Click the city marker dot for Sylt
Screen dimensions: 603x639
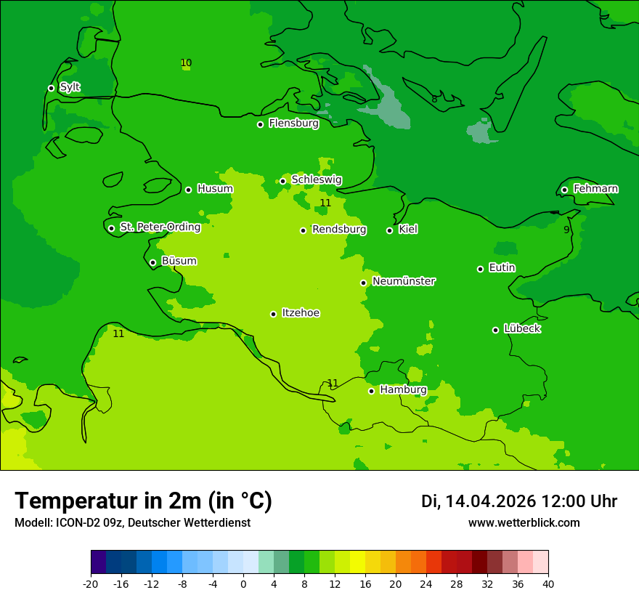(x=51, y=88)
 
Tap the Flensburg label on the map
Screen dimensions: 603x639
(x=293, y=124)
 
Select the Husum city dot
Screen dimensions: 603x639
(x=188, y=190)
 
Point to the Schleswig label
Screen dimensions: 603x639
(x=316, y=180)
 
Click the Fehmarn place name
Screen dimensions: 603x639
(x=595, y=189)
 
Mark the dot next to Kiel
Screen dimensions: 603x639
(x=389, y=230)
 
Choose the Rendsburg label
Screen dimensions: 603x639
(x=339, y=230)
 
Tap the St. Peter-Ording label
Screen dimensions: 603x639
(x=160, y=227)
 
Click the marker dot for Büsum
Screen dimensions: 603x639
(x=152, y=262)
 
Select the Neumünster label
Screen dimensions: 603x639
(x=404, y=281)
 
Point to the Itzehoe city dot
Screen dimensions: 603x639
(x=273, y=314)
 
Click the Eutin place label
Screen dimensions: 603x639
(x=502, y=268)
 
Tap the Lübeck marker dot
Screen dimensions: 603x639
(x=495, y=330)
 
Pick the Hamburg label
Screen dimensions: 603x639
(x=403, y=390)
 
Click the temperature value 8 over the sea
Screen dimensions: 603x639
(x=434, y=100)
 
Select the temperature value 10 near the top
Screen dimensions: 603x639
(x=186, y=63)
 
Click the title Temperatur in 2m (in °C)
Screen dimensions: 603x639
(x=143, y=501)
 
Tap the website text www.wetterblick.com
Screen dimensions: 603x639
(x=524, y=523)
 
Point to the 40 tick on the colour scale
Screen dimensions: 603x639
(x=548, y=583)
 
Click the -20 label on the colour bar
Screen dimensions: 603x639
(x=91, y=583)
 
